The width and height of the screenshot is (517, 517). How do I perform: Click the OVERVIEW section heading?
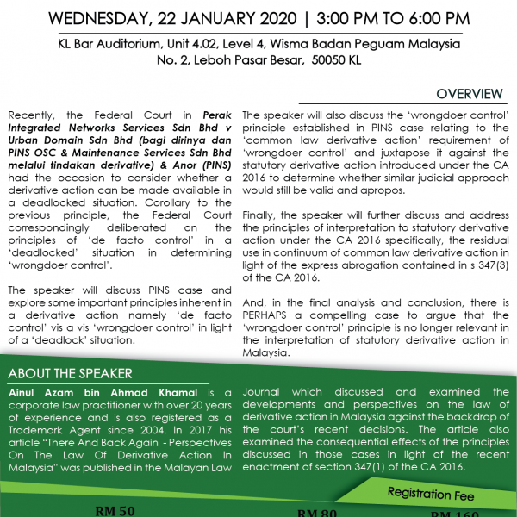[469, 94]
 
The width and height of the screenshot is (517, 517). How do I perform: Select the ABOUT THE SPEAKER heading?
[70, 373]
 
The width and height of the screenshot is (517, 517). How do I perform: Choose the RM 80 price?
[316, 513]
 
